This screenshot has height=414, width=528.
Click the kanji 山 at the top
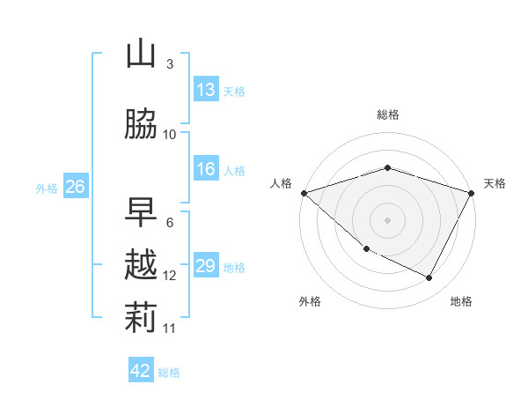tap(141, 55)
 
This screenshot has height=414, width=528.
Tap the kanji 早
tap(141, 212)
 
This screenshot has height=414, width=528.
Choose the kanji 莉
tap(141, 318)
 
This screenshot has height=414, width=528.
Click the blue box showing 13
tap(206, 90)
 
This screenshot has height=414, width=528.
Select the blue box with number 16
tap(206, 169)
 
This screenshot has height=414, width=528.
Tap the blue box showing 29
tap(206, 266)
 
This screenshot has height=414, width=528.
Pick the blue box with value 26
tap(75, 187)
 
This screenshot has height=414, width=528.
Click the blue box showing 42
tap(141, 371)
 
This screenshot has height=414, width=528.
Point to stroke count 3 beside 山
tap(170, 64)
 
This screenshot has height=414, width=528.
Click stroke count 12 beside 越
tap(170, 276)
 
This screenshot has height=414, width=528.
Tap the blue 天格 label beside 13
tap(234, 91)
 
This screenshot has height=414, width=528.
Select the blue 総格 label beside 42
tap(169, 372)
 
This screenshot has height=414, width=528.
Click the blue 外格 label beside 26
tap(46, 188)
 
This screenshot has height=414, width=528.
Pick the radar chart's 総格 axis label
tap(387, 115)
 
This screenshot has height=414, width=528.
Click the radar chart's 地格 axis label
tap(461, 301)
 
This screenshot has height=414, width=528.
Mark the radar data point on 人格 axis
tap(304, 192)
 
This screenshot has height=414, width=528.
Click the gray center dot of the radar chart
tap(387, 219)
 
